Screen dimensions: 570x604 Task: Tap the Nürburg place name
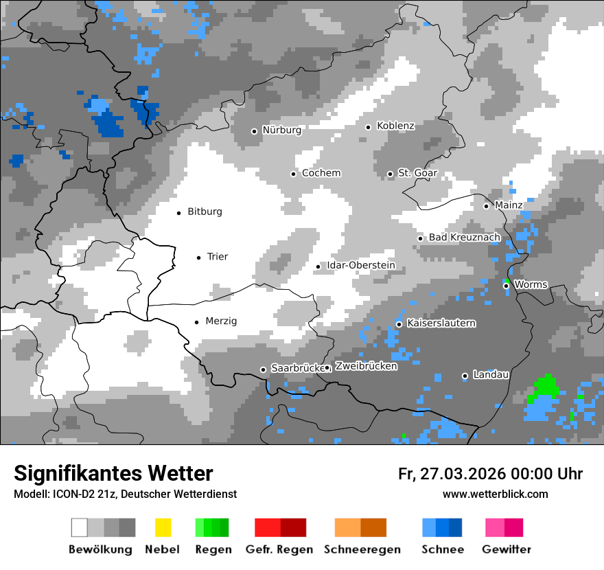pos(281,130)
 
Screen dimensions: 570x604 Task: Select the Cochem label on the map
pos(321,173)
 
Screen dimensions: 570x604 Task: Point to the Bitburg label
pos(205,212)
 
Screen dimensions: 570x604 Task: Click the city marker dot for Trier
pos(198,258)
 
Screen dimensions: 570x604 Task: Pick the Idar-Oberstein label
pos(360,266)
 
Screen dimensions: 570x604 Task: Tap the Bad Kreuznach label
pos(464,238)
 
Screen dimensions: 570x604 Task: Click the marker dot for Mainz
pos(486,206)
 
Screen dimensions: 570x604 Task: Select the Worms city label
pos(530,284)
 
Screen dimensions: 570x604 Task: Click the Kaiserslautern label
pos(441,323)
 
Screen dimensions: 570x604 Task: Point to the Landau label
pos(491,375)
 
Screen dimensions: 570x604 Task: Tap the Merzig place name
pos(221,321)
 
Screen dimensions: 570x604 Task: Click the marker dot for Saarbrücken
pos(263,369)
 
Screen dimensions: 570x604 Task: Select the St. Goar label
pos(417,173)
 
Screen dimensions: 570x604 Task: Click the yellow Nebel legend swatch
pos(163,527)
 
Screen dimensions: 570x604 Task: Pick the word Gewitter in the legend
pos(506,549)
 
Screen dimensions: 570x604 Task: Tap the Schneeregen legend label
pos(360,549)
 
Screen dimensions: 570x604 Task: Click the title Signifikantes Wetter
pos(113,474)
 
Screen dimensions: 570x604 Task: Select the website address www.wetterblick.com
pos(495,494)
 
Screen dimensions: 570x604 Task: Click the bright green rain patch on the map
pos(545,386)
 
